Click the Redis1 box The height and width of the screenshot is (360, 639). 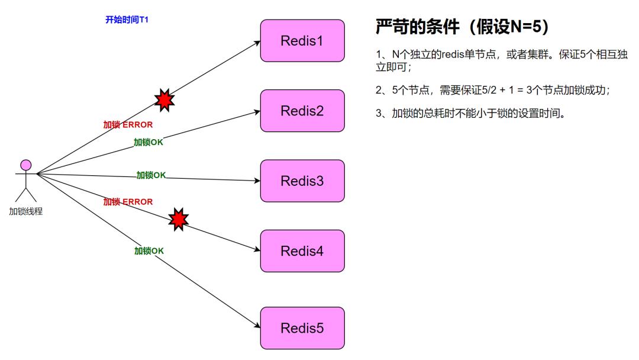point(302,41)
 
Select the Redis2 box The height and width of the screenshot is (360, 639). point(302,111)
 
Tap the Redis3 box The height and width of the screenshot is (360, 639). point(302,181)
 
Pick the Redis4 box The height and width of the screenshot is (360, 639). point(302,250)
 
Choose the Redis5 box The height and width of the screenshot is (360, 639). point(302,328)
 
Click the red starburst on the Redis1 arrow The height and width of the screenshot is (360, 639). point(164,99)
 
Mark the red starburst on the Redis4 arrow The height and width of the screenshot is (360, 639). point(178,219)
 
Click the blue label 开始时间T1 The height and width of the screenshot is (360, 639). point(127,20)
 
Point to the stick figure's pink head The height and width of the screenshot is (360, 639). point(25,165)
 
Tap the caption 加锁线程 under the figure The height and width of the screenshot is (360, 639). point(25,211)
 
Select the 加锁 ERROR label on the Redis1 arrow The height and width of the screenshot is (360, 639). point(128,125)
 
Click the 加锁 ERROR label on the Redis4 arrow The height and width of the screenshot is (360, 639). point(128,202)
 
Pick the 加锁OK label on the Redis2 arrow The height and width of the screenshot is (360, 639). point(149,142)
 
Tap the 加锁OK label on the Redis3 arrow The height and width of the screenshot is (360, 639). point(151,175)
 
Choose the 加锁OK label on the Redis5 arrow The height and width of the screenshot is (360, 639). point(149,251)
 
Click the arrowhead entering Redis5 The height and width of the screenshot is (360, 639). point(257,327)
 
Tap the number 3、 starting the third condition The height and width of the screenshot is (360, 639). point(382,114)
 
